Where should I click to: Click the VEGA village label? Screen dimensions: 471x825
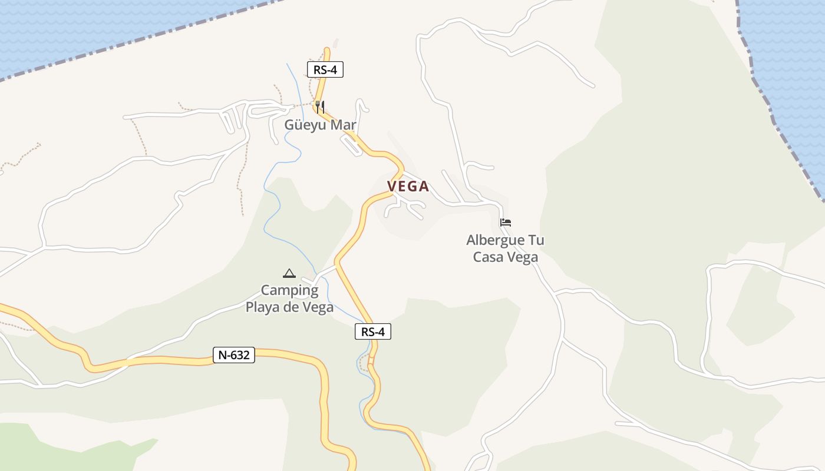click(x=408, y=187)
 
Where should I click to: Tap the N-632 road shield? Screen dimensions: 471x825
click(x=234, y=355)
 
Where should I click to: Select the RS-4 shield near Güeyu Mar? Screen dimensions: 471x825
click(x=325, y=69)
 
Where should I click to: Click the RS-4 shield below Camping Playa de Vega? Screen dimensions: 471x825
click(x=373, y=331)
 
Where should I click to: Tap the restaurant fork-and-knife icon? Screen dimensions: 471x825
click(x=319, y=107)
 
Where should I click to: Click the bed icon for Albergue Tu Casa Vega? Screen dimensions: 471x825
click(x=506, y=223)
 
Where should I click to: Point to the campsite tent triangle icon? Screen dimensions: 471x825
click(x=289, y=273)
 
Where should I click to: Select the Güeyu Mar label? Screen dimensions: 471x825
click(x=321, y=125)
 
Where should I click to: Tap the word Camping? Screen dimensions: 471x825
click(x=289, y=290)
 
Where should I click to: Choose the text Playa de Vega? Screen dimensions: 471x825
click(x=289, y=307)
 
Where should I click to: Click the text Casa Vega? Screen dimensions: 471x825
click(x=506, y=257)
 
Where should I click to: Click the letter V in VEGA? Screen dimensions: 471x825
click(x=391, y=187)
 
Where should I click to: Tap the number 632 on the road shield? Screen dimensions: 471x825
click(x=241, y=355)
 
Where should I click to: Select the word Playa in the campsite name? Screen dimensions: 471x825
click(x=263, y=307)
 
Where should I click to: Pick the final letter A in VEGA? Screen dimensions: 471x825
click(x=424, y=187)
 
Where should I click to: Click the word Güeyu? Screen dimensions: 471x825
click(x=306, y=125)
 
